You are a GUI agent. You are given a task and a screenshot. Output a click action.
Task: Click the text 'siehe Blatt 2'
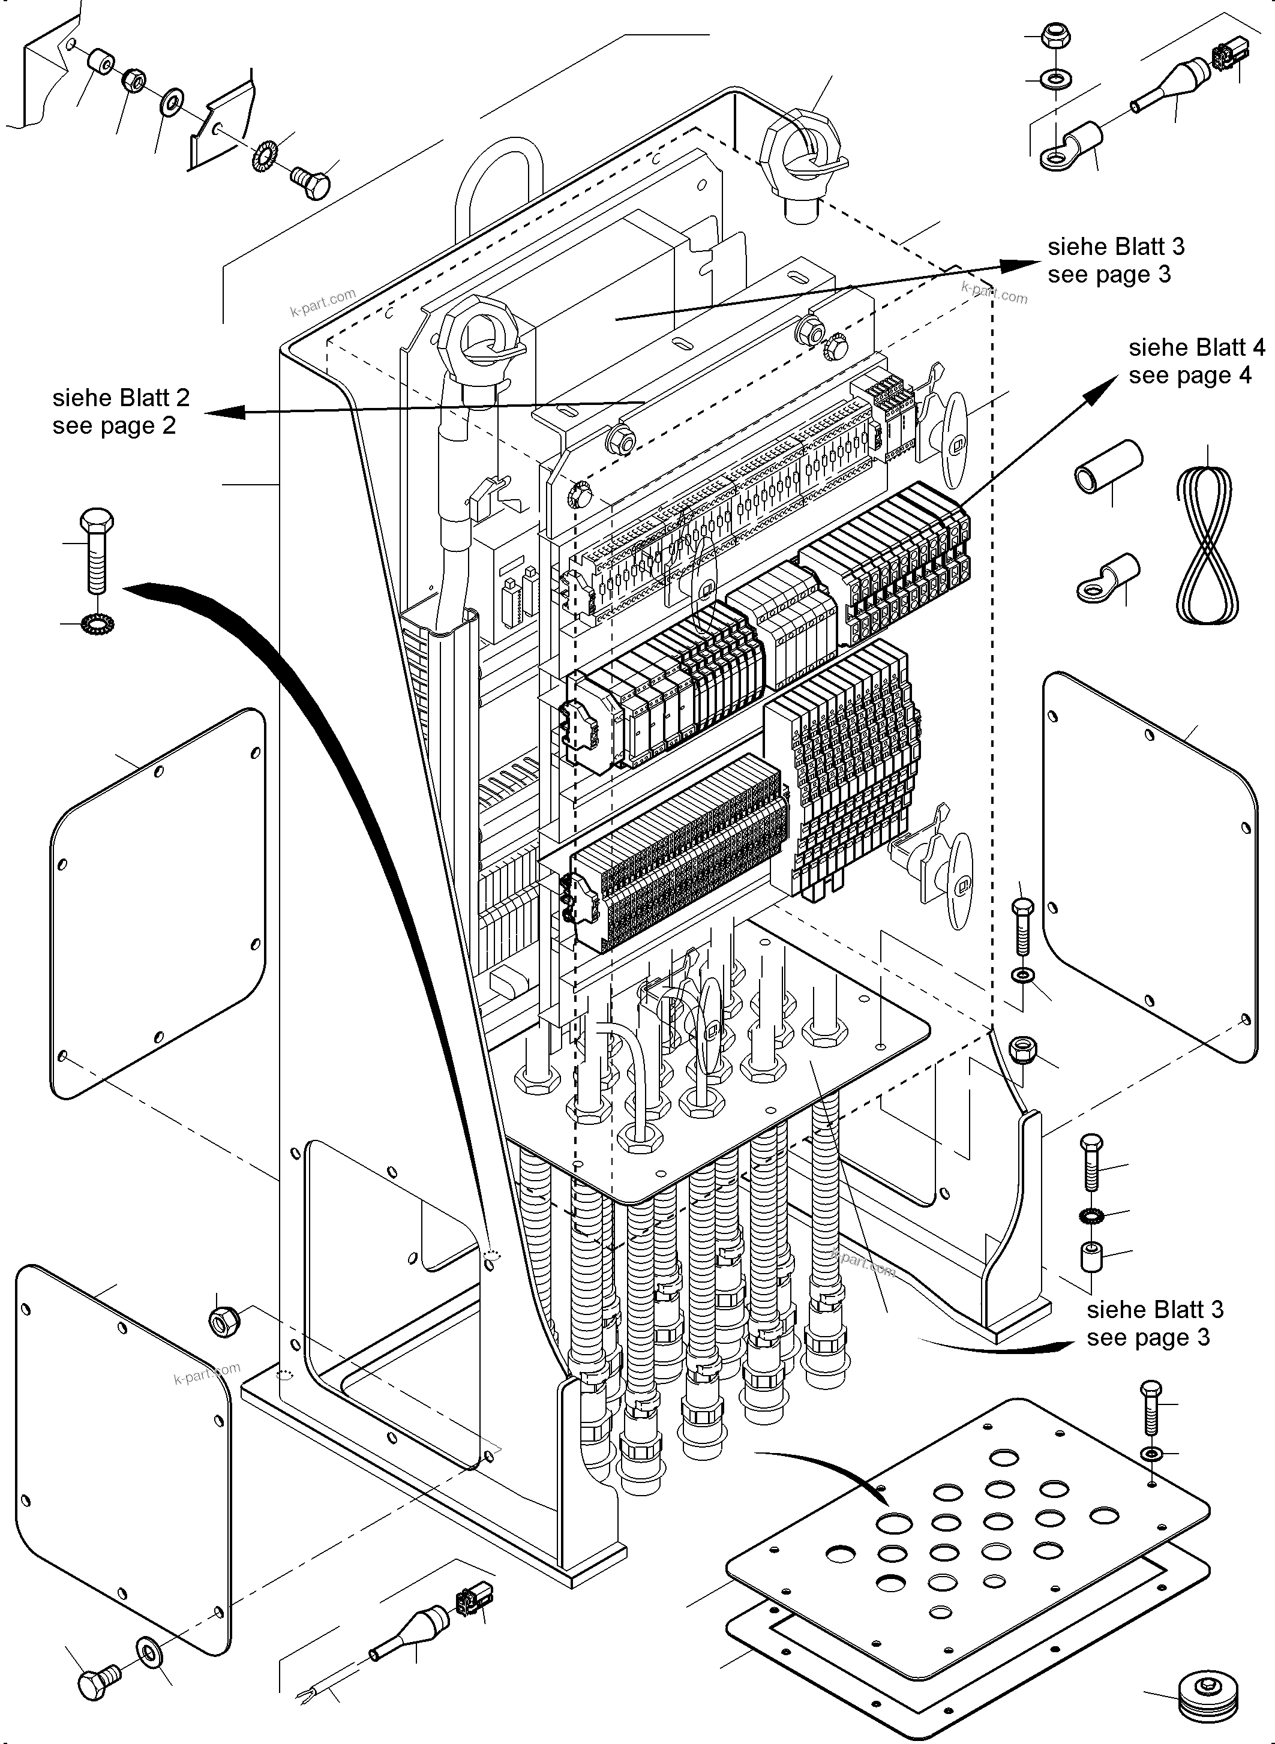pos(121,398)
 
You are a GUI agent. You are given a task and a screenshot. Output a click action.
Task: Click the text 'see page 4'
pos(1189,376)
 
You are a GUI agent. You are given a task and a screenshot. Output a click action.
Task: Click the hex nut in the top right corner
pos(1054,35)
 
